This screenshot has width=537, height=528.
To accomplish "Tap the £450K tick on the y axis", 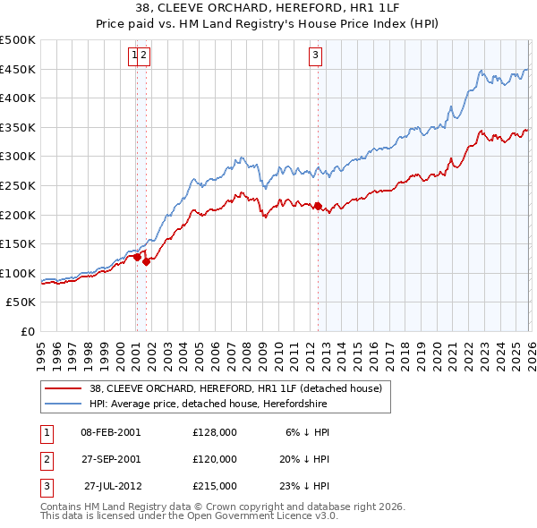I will tap(18, 69).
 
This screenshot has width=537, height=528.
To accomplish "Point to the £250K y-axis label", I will tap(18, 185).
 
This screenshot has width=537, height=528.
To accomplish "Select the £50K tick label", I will tap(21, 302).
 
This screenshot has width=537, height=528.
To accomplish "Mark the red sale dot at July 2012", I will tap(318, 206).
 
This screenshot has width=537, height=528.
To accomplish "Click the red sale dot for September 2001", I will tap(146, 261).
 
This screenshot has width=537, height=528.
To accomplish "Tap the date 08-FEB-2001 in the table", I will tap(110, 431).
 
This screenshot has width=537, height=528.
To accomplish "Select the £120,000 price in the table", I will tap(214, 458).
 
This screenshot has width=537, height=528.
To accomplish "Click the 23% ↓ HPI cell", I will tap(303, 486).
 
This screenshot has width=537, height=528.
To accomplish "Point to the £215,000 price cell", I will tap(214, 486).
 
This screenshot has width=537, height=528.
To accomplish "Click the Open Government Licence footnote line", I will tap(190, 517).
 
